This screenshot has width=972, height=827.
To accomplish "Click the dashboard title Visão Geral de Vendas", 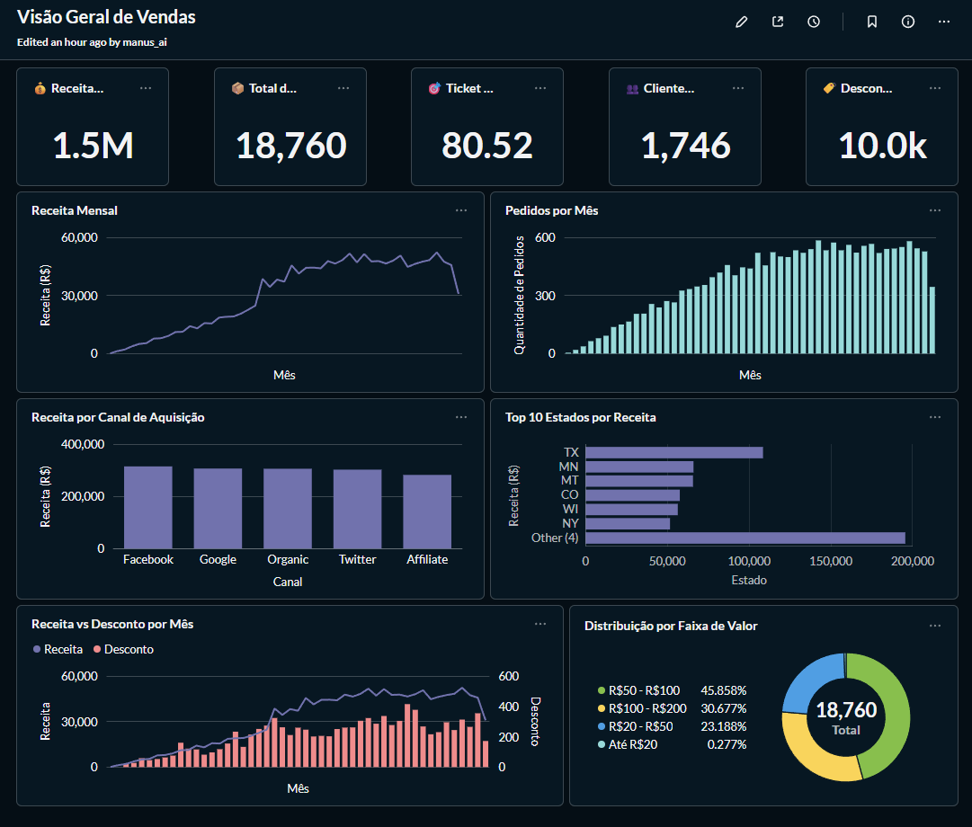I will [x=106, y=17].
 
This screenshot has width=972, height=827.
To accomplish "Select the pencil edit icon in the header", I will [x=742, y=22].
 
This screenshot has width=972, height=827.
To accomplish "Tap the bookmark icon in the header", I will [x=871, y=22].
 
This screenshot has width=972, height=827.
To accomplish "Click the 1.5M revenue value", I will [x=93, y=145].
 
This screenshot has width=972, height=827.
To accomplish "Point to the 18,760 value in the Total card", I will [x=290, y=145].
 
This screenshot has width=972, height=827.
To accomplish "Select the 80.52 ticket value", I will [x=487, y=145].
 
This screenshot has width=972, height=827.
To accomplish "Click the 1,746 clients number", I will [x=685, y=145].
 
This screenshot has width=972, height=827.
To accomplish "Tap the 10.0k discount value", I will [x=882, y=145].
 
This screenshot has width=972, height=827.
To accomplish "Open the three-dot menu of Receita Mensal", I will [x=461, y=210].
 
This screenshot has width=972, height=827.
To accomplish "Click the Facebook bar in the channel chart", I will [x=147, y=507].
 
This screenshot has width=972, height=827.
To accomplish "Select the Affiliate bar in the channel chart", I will [x=427, y=511].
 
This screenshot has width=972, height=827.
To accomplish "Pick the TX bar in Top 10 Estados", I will [x=673, y=452].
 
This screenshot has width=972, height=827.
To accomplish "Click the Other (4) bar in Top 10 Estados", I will [x=745, y=538].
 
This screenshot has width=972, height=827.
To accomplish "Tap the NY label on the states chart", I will [x=570, y=523].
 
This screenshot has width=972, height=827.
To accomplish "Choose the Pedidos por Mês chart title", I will [x=551, y=210].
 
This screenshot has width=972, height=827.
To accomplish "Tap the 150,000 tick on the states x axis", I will [x=831, y=561].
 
